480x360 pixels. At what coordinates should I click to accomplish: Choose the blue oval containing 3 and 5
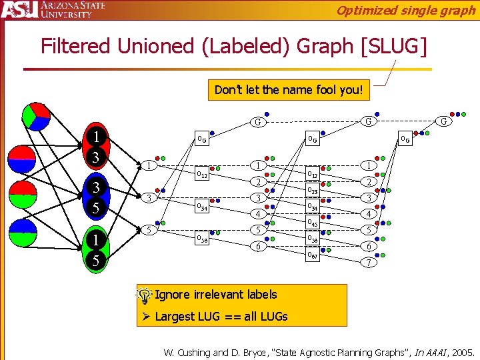click(x=96, y=197)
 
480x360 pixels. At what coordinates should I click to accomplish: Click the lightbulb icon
click(x=144, y=295)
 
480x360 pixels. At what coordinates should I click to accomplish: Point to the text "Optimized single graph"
click(x=405, y=10)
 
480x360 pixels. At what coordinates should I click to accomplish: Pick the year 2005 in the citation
click(x=461, y=351)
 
